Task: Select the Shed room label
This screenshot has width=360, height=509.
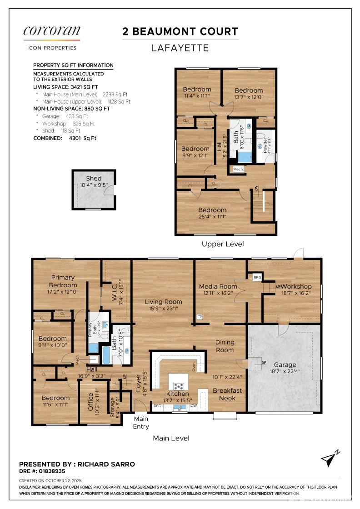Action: point(94,178)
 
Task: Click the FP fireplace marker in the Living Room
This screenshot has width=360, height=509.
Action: point(199,317)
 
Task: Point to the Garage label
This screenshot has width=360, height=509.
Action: point(285,364)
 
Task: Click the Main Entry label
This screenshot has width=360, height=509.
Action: point(141,422)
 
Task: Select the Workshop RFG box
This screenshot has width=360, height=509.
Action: point(257,277)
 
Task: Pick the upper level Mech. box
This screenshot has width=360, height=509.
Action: point(238,169)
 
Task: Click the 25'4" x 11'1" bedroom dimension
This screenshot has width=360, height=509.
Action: point(212,217)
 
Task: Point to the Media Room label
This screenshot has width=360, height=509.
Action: point(218,286)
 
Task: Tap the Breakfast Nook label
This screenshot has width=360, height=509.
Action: point(227,394)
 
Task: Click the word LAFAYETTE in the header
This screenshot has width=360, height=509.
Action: point(180,48)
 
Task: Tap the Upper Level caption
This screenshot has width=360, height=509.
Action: point(223,244)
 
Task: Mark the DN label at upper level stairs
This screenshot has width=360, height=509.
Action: point(256,188)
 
